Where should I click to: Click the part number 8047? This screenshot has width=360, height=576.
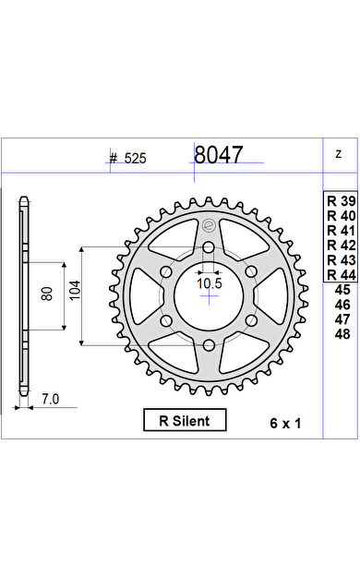(x=218, y=155)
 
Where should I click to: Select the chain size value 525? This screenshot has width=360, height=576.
(x=135, y=159)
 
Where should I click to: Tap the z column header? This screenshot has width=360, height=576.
(x=339, y=154)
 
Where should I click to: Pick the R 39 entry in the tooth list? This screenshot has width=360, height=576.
(x=342, y=201)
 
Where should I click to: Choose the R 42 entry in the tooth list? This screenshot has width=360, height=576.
(x=342, y=245)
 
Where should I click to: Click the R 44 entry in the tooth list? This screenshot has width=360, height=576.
(x=342, y=274)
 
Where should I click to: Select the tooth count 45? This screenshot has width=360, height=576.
(x=342, y=290)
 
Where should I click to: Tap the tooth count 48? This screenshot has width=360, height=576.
(x=342, y=334)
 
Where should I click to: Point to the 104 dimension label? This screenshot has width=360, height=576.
(x=76, y=290)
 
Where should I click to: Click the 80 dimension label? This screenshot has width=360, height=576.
(x=47, y=294)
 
